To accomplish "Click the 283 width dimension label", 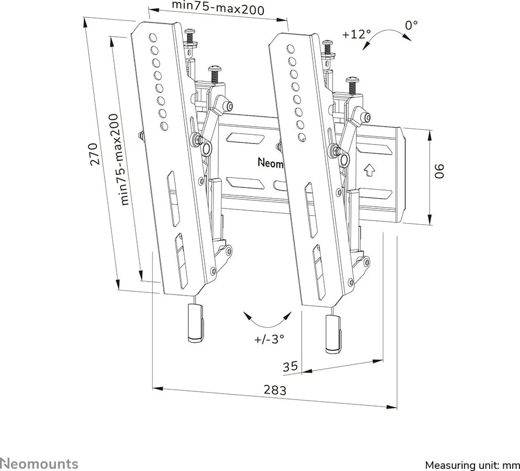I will point(275,389).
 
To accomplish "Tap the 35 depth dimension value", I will point(290,367).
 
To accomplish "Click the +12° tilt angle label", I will point(356,34).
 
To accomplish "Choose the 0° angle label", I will point(411,24).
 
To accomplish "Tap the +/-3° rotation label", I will point(269,340).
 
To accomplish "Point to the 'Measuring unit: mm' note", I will point(472,465).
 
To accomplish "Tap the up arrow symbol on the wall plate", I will point(369,170).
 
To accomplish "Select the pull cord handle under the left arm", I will point(195,323).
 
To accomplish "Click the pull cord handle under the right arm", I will point(333,333).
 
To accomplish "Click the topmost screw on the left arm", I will point(190,34).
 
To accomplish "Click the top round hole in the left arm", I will point(152,38).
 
